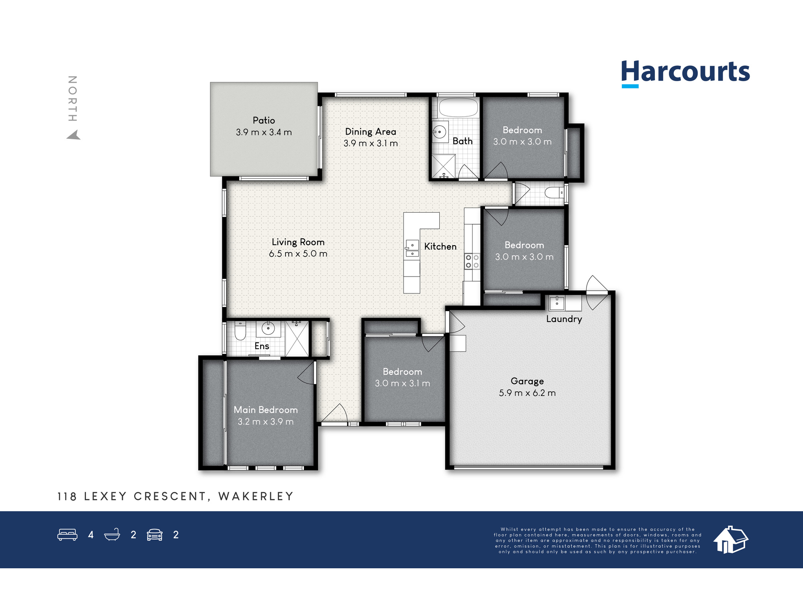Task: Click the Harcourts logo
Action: [x=685, y=73]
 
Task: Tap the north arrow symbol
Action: [x=73, y=135]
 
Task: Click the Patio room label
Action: [x=264, y=120]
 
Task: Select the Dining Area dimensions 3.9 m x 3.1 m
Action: [x=371, y=143]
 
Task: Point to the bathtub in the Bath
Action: [x=458, y=108]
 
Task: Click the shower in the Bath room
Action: [x=444, y=166]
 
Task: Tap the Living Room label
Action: [x=298, y=242]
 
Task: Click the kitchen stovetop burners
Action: [x=472, y=261]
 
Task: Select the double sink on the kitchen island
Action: [x=412, y=248]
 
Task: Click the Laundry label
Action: [x=564, y=319]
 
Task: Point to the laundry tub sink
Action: [x=557, y=303]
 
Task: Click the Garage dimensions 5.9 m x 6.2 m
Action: [x=527, y=393]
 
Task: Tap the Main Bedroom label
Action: [x=266, y=410]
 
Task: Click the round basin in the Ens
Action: [x=268, y=329]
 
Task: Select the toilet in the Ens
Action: [x=240, y=330]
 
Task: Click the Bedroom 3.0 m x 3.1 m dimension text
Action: [x=402, y=383]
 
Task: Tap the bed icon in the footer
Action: [x=67, y=535]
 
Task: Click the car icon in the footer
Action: [x=155, y=535]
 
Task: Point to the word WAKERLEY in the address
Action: [x=256, y=496]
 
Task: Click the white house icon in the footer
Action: [x=731, y=540]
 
